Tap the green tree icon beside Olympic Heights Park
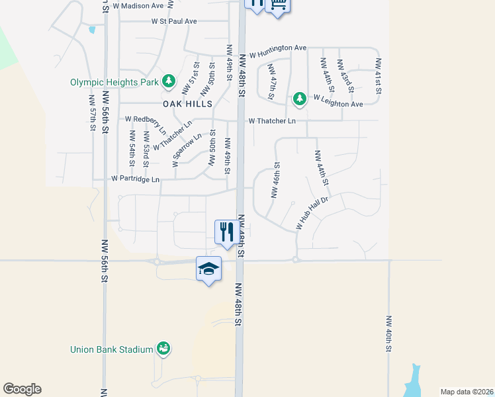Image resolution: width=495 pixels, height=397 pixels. [x=169, y=81]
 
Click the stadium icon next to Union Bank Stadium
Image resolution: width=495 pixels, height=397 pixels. [x=163, y=348]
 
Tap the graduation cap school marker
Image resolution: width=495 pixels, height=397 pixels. [x=208, y=269]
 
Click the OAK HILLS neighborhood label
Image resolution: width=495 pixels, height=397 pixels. [x=188, y=104]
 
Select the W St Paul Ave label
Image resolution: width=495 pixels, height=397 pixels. [x=174, y=21]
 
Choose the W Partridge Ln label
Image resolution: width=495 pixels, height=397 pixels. [x=136, y=179]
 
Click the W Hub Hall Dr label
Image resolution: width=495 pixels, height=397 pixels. [x=312, y=212]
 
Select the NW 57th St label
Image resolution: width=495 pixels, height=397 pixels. [x=92, y=112]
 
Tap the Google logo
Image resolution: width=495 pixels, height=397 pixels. [x=22, y=389]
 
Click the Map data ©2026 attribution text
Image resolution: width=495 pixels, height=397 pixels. [x=466, y=392]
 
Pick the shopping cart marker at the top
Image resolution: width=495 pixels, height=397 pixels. [x=278, y=5]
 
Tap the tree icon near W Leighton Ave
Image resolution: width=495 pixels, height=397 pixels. [x=300, y=99]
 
